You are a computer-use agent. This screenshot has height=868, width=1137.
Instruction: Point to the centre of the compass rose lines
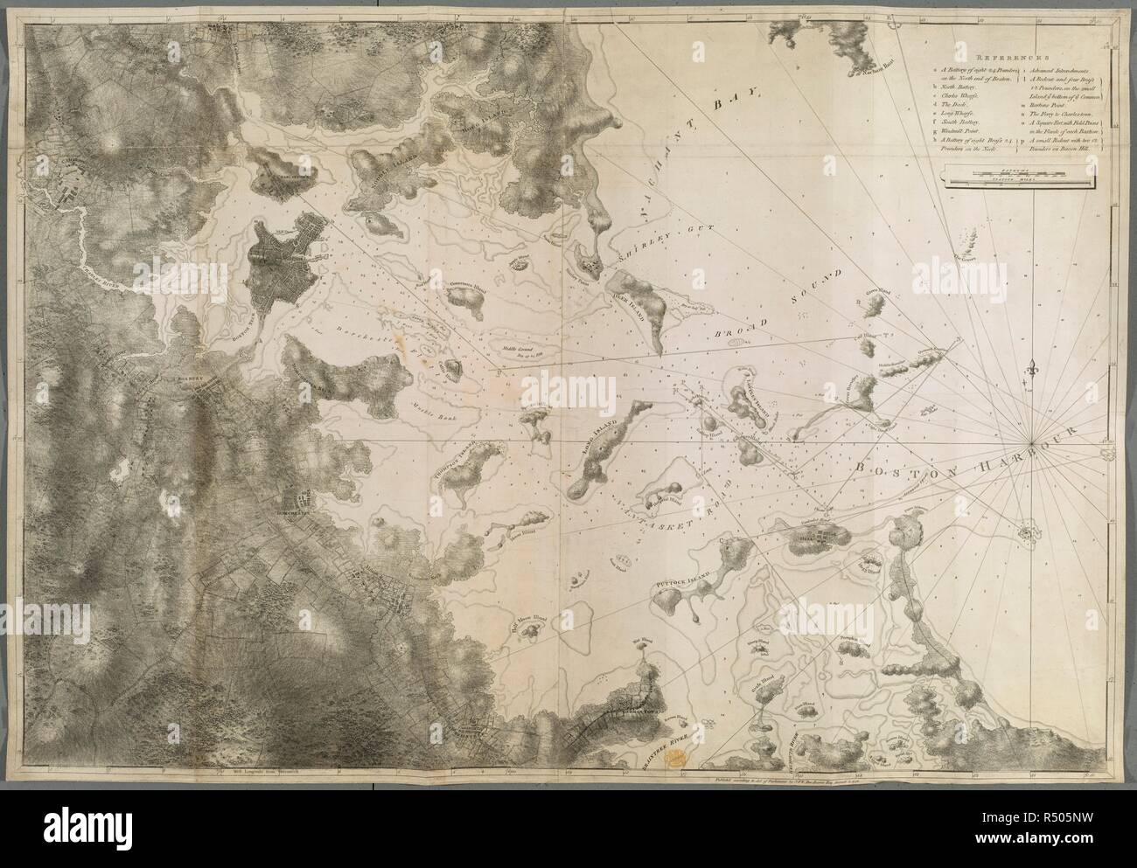pos(1036,434)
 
